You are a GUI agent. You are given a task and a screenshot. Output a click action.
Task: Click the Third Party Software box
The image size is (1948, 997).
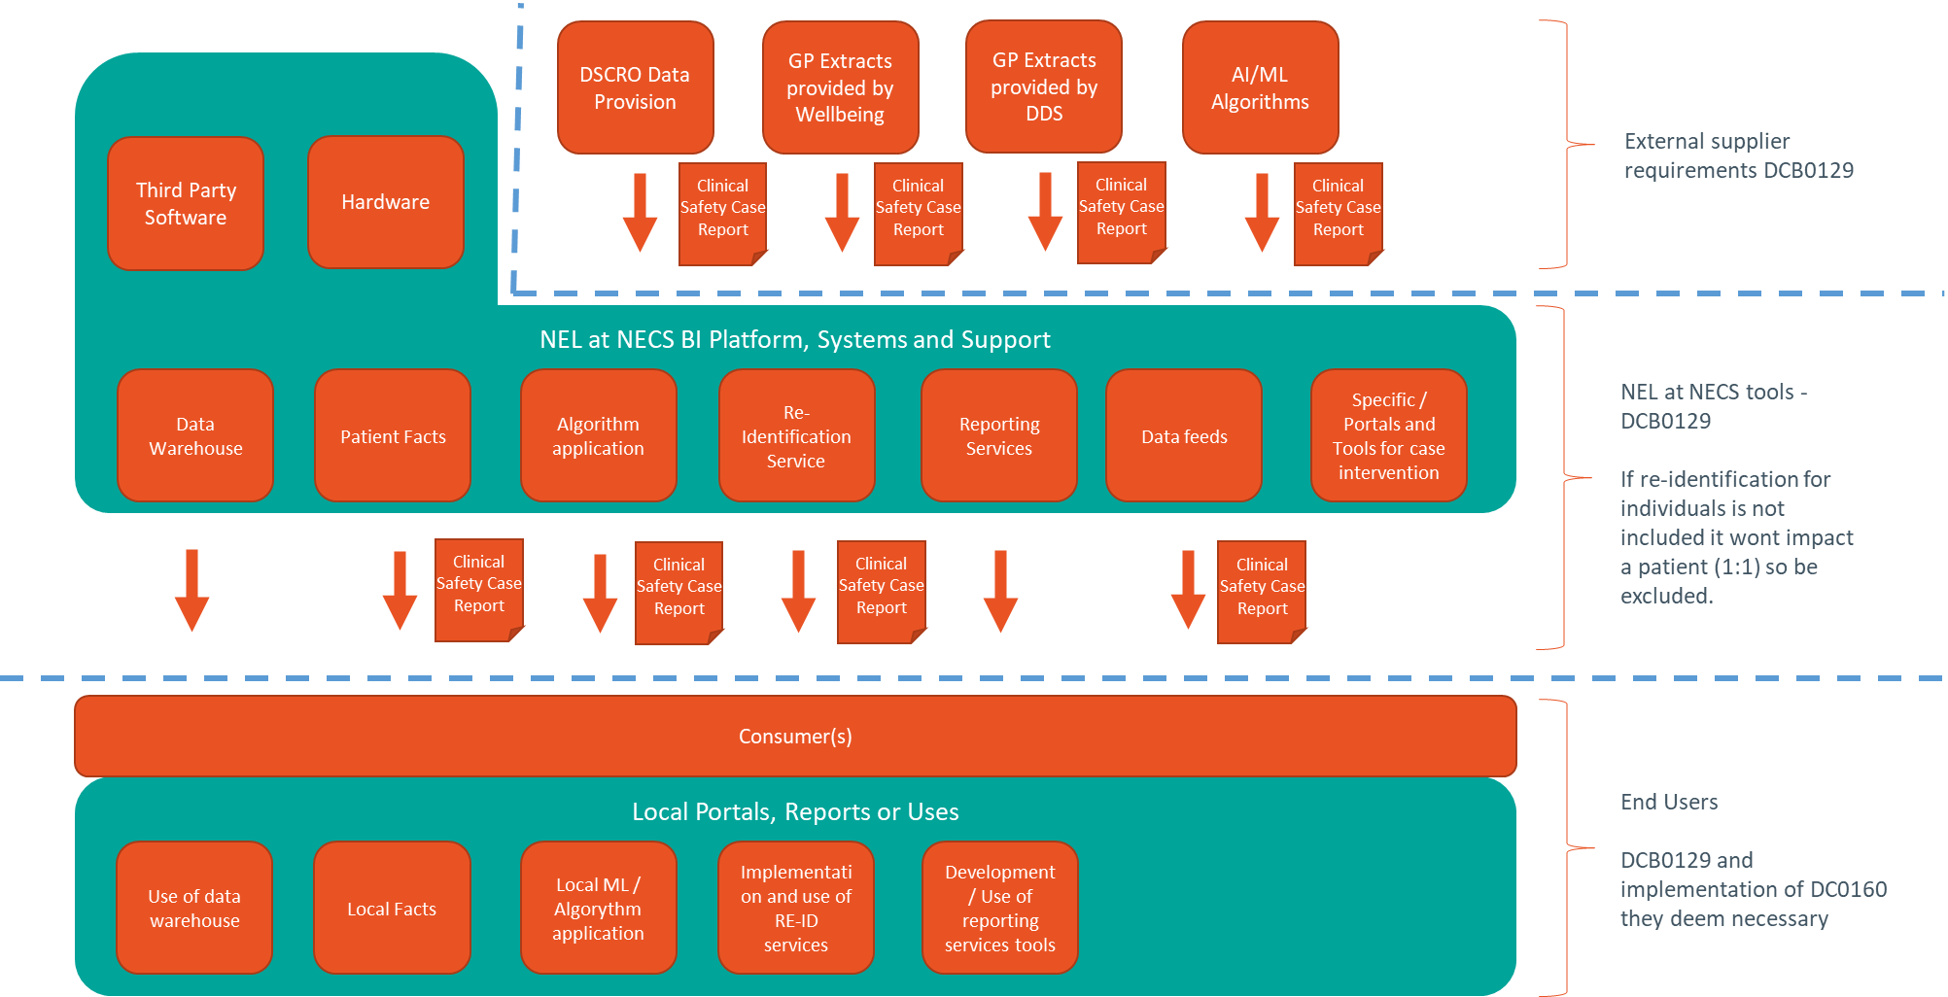tap(186, 203)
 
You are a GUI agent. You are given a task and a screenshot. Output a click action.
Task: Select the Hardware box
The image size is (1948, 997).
tap(385, 202)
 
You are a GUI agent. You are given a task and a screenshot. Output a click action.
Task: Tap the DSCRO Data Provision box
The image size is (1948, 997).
tap(635, 87)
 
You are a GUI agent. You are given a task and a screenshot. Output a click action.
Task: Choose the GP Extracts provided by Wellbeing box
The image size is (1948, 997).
tap(840, 87)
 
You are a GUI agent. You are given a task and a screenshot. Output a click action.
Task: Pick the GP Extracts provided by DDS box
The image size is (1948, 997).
tap(1044, 86)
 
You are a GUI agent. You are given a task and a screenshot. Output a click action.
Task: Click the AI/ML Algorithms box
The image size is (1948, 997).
tap(1260, 87)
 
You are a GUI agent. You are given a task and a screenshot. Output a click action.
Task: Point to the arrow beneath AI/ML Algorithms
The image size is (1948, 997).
tap(1262, 213)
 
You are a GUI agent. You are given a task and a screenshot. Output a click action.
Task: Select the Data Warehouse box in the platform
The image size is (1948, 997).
tap(195, 435)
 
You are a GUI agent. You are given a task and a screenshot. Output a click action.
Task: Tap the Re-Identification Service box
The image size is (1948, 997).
tap(796, 435)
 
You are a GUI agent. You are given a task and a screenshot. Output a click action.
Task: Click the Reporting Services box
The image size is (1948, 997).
tap(998, 435)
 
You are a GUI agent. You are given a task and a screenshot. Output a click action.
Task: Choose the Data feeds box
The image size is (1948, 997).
tap(1184, 435)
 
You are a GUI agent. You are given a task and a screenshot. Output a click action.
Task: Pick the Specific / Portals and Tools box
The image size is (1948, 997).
tap(1388, 435)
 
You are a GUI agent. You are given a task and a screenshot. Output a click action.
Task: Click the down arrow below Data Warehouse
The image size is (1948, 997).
tap(191, 590)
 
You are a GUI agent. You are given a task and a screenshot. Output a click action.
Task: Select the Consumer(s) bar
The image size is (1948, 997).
tap(795, 736)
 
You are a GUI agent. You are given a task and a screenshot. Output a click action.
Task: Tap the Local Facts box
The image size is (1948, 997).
tap(392, 908)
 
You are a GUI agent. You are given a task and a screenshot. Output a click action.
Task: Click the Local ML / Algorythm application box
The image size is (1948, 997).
tap(598, 908)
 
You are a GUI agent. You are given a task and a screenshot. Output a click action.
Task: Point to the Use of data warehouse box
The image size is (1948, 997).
tap(194, 908)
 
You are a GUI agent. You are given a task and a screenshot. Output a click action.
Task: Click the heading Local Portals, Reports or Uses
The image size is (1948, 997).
tap(795, 811)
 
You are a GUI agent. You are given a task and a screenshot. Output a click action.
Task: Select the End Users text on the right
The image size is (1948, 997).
tap(1668, 802)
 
